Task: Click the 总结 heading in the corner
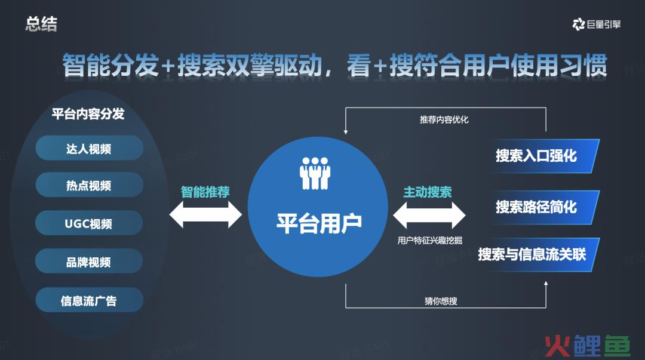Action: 41,24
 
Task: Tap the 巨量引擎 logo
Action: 597,24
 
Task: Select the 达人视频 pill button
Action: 89,148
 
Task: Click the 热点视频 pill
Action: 89,185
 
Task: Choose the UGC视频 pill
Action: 89,223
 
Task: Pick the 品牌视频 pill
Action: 89,261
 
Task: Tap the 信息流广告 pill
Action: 89,300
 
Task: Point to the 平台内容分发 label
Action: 88,113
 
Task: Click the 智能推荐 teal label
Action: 205,192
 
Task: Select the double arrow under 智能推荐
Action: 205,214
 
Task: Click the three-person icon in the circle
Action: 315,173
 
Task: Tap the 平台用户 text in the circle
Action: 319,223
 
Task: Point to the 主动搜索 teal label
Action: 428,192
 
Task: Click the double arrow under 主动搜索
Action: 429,215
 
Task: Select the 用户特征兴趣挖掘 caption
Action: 429,240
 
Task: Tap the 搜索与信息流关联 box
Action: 537,254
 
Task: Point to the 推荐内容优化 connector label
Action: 444,119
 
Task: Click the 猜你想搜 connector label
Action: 441,301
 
